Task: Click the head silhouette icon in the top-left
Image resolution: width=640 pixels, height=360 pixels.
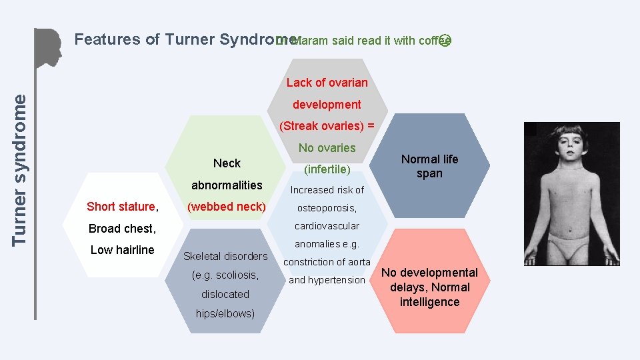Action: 49,48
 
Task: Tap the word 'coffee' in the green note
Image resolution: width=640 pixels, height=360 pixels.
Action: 435,41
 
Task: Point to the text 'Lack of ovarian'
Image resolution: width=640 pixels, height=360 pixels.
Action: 327,83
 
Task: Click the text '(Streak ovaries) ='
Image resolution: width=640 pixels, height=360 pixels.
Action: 327,126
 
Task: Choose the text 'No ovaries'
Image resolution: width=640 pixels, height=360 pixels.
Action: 327,148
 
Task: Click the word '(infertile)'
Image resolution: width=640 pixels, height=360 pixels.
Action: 327,170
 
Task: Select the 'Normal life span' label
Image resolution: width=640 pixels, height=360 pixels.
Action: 429,166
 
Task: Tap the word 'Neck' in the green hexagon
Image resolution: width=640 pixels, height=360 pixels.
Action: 227,163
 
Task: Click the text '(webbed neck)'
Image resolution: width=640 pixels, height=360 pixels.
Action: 227,207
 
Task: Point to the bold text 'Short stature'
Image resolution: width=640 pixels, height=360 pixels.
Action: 121,207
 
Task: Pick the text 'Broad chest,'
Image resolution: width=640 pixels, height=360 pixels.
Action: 122,229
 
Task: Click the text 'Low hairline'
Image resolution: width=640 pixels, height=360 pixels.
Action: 122,250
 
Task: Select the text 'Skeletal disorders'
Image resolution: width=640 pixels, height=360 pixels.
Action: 225,256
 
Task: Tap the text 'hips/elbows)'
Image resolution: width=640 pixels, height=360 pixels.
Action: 225,313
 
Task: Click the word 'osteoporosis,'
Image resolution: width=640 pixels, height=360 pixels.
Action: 327,208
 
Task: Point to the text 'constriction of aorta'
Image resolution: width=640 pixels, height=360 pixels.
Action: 327,262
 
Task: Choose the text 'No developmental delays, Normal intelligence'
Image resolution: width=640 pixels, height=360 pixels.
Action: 429,287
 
